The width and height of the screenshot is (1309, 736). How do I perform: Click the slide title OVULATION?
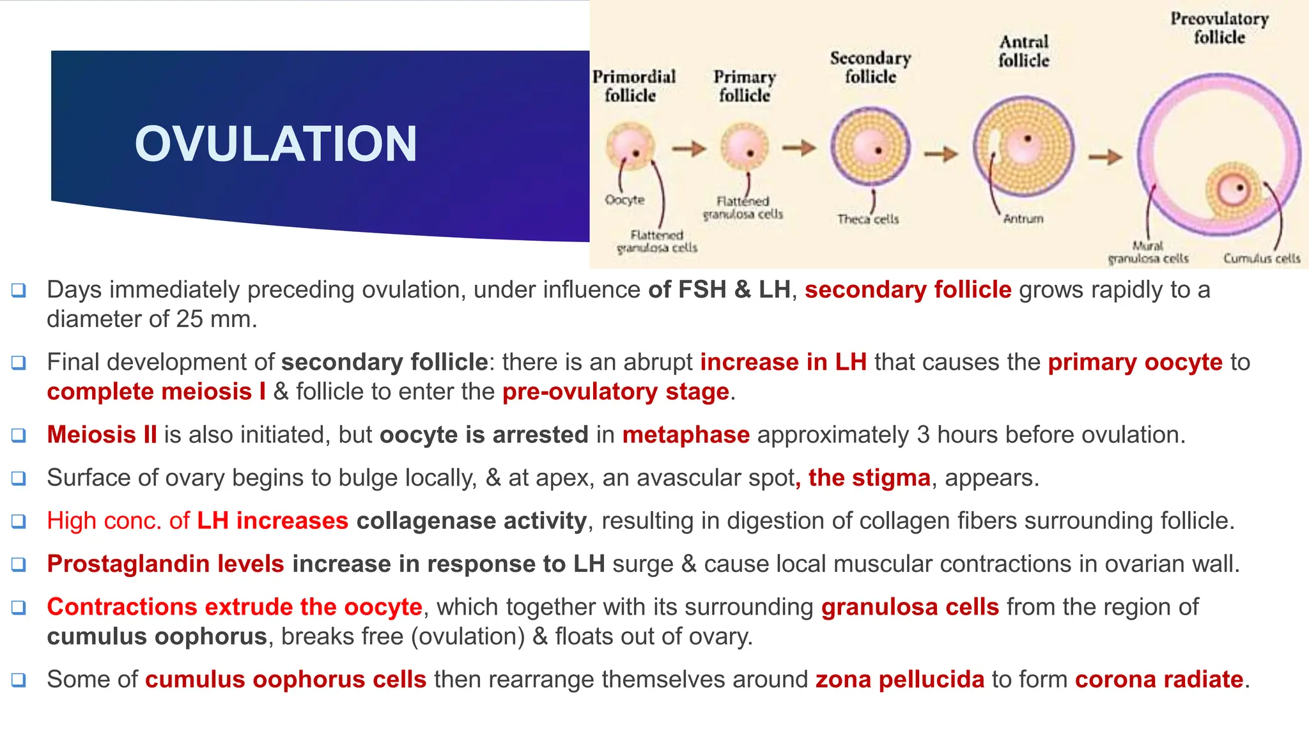tap(275, 144)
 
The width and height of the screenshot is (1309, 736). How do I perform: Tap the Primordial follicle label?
tap(633, 86)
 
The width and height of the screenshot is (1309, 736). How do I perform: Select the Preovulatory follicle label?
tap(1219, 28)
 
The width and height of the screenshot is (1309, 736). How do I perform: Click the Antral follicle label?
tap(1023, 51)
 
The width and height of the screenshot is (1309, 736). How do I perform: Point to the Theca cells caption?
tap(867, 219)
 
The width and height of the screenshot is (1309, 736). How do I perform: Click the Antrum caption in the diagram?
tap(1023, 218)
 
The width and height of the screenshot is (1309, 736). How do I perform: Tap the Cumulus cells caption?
tap(1261, 258)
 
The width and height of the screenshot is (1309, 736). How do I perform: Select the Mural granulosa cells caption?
tap(1148, 252)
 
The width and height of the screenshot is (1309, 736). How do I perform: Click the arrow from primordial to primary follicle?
tap(689, 149)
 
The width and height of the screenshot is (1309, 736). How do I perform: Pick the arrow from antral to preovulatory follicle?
tap(1105, 157)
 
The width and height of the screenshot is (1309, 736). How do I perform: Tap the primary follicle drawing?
tap(745, 146)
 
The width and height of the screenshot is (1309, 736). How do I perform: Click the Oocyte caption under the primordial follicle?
tap(624, 200)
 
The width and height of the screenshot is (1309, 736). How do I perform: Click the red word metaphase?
tap(685, 435)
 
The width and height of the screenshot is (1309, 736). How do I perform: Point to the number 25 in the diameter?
tap(189, 319)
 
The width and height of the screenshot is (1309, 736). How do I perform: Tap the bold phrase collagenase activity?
tap(471, 521)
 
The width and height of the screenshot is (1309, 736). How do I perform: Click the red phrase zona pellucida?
tap(899, 679)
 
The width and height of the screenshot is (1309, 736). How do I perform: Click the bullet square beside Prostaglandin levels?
tap(19, 564)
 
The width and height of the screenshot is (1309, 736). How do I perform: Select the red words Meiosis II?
tap(102, 435)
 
